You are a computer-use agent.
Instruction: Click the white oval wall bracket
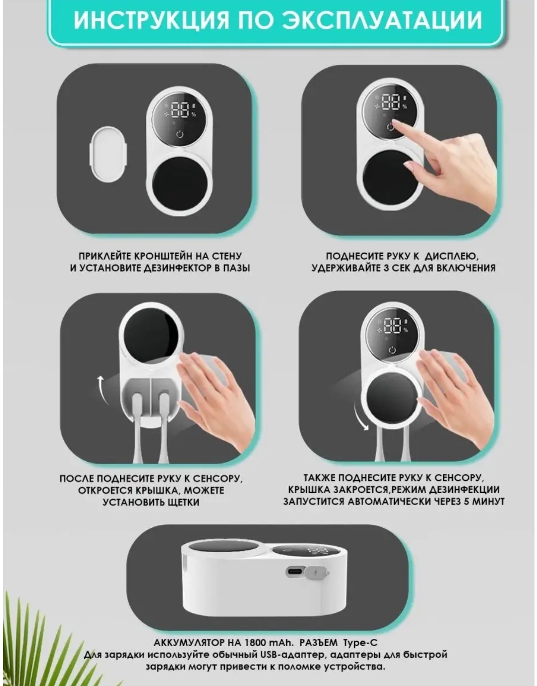(x=108, y=154)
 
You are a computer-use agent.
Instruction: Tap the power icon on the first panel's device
(x=180, y=135)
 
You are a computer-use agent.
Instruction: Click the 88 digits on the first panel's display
(x=180, y=110)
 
